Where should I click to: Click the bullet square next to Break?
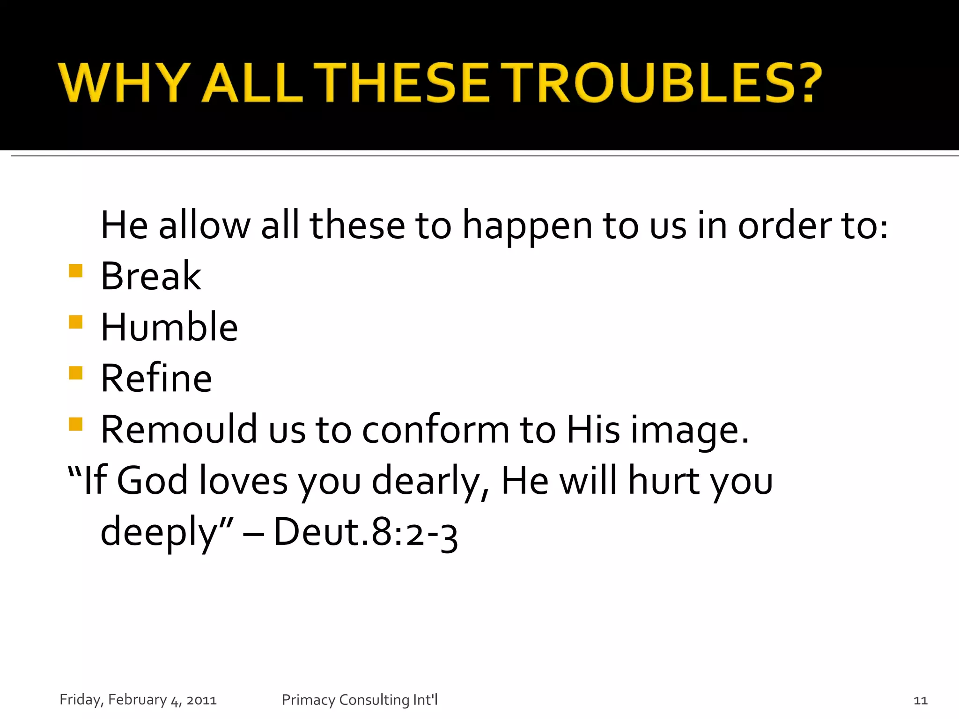pos(75,271)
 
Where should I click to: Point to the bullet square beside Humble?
pos(75,322)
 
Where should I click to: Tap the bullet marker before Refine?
pos(75,373)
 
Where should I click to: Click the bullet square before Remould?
pos(75,424)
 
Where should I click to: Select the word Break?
pos(151,276)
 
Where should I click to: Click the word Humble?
pos(169,327)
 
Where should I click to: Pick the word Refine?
pos(156,378)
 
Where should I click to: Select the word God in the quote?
pos(152,480)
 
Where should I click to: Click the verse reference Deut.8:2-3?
pos(365,532)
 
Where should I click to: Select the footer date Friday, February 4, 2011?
pos(138,700)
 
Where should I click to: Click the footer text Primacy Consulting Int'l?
pos(360,700)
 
